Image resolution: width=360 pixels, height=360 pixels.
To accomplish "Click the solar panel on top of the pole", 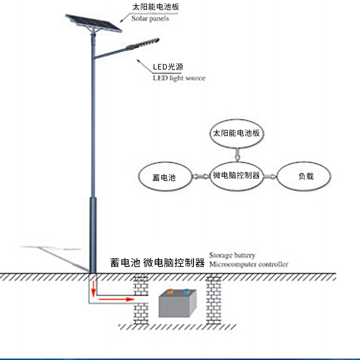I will tap(94, 23).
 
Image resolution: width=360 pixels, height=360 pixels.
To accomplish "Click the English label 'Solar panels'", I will tap(150, 19).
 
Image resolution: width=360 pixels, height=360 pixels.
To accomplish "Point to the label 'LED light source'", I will tap(179, 78).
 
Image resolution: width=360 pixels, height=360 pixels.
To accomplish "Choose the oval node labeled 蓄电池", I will tap(164, 177).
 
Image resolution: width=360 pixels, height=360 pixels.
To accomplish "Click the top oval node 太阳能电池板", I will tap(237, 133).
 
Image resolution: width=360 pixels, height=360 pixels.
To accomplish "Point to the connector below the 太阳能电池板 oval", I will tap(236, 154).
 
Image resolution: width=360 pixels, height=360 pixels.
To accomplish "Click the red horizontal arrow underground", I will tap(115, 299).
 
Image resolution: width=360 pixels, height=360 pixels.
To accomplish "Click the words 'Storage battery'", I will tap(232, 255).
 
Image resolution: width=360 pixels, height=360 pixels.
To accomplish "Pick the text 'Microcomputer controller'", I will tap(249, 264).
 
